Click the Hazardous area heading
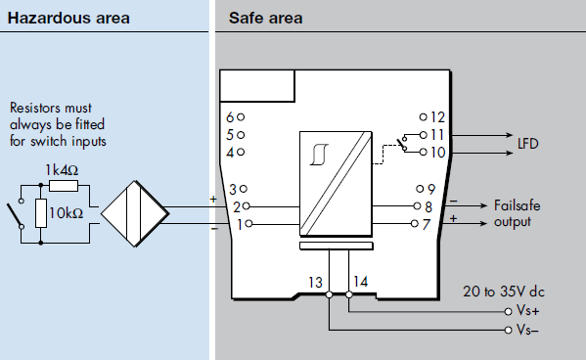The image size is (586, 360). (68, 18)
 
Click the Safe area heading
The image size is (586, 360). (265, 18)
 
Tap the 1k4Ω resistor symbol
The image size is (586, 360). (64, 186)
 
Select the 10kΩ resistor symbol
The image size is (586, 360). (41, 213)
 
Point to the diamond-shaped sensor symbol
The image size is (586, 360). (135, 214)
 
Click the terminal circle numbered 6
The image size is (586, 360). (241, 117)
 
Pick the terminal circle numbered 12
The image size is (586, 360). (423, 117)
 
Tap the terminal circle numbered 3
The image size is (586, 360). (244, 189)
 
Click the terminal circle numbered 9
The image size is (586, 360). (420, 189)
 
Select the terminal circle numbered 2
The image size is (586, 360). (246, 206)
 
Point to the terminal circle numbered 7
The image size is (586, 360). (414, 224)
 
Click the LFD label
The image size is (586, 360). (527, 144)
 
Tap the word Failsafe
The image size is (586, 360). (518, 205)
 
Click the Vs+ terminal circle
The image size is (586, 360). (508, 311)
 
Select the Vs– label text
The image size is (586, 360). (527, 330)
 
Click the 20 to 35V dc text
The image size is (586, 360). (504, 292)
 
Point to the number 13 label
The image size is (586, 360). (315, 283)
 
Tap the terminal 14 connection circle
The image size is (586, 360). (349, 294)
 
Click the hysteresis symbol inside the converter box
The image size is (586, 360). (320, 155)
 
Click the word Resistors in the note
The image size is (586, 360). (32, 108)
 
